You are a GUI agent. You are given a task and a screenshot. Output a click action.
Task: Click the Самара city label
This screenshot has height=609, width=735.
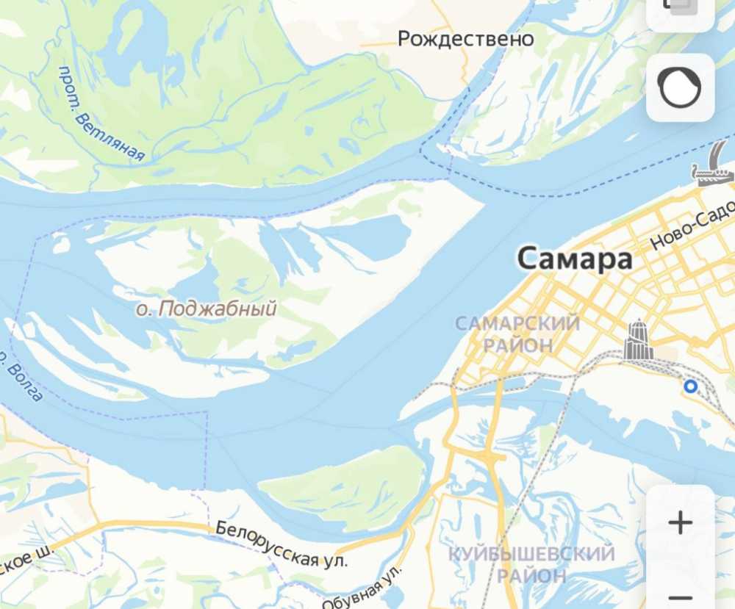[574, 259]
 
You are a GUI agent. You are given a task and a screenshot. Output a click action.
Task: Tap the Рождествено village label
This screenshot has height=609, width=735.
[465, 38]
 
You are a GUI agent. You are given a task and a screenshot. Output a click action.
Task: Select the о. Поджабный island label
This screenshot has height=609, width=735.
[207, 309]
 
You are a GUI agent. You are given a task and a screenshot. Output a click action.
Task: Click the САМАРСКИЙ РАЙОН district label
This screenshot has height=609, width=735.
[517, 334]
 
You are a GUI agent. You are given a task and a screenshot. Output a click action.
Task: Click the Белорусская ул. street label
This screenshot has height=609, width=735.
[281, 544]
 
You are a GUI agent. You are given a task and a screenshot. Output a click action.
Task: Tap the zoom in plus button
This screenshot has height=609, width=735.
[681, 523]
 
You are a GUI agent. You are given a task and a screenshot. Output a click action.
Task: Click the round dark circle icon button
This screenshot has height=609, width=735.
[680, 88]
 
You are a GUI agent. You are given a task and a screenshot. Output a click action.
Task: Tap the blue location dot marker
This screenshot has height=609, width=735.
[690, 386]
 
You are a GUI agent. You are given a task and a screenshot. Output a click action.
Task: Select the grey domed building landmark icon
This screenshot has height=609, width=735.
[638, 339]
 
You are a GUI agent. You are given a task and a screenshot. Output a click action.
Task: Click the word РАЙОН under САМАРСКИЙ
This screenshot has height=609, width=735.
[517, 344]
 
